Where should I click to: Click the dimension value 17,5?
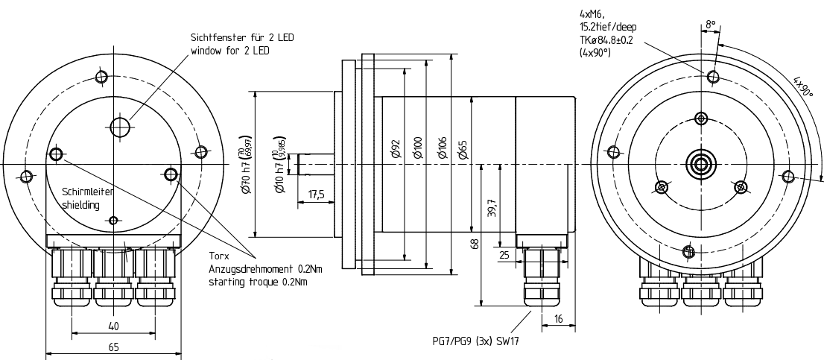(316, 195)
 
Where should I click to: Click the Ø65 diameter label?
(463, 149)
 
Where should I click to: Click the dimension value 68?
(475, 244)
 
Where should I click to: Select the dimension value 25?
(505, 255)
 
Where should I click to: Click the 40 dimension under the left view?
(113, 326)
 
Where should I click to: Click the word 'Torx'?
(218, 255)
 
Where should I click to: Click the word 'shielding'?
(80, 205)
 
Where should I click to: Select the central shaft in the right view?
(700, 163)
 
